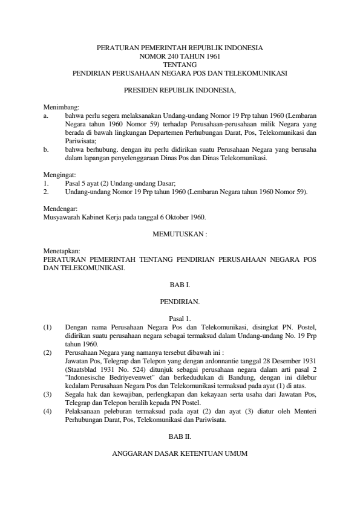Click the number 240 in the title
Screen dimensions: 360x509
point(171,56)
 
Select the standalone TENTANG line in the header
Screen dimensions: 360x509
point(180,64)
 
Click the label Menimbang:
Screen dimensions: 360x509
point(62,106)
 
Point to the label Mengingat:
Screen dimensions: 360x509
point(61,174)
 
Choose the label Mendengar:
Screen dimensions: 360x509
point(62,208)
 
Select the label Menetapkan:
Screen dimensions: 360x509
point(62,250)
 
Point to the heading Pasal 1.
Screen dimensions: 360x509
point(180,317)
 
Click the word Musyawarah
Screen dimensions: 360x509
point(66,216)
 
